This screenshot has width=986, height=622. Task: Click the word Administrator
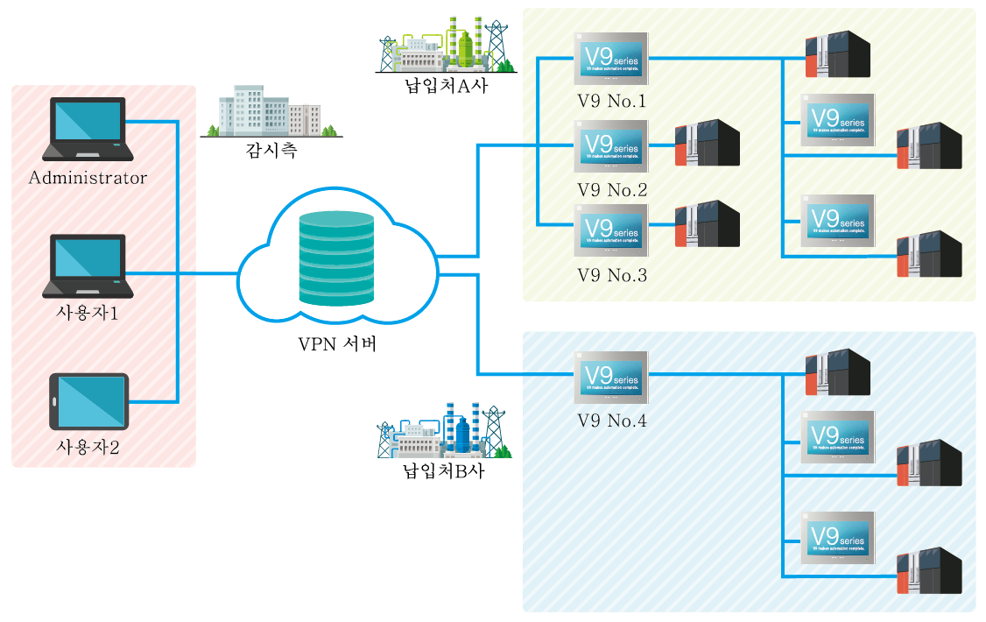tap(88, 179)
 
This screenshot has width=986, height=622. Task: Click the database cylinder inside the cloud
tap(336, 258)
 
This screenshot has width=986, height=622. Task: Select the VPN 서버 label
tap(337, 343)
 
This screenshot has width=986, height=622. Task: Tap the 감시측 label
tap(271, 151)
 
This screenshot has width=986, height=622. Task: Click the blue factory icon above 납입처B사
tap(445, 431)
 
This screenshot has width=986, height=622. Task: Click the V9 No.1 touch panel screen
tap(611, 59)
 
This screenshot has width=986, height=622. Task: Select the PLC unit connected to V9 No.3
tap(707, 224)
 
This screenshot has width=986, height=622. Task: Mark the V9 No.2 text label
tap(612, 190)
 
